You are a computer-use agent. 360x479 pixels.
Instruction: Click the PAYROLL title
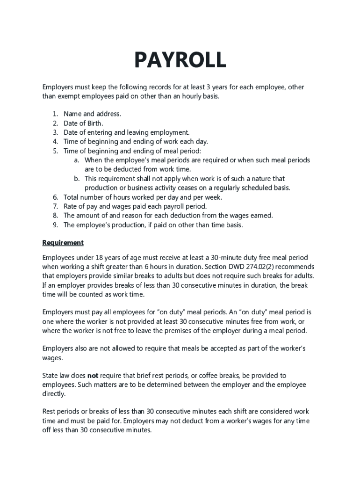(180, 60)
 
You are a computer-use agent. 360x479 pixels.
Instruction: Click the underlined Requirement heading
(63, 243)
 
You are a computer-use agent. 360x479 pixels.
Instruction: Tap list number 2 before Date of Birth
(55, 123)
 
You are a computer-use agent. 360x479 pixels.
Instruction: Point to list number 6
(55, 197)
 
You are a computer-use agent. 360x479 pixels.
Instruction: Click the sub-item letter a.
(76, 160)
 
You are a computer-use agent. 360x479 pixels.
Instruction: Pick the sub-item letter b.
(76, 179)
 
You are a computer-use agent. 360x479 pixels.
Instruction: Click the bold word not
(93, 376)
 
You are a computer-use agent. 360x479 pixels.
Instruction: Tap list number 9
(55, 225)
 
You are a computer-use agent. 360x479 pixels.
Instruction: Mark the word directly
(54, 394)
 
